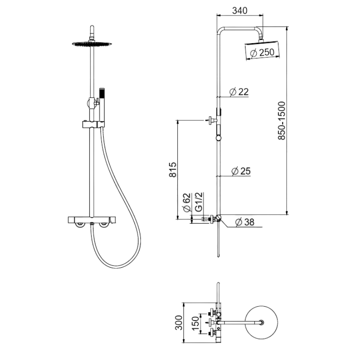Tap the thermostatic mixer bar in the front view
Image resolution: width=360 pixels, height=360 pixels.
91,219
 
